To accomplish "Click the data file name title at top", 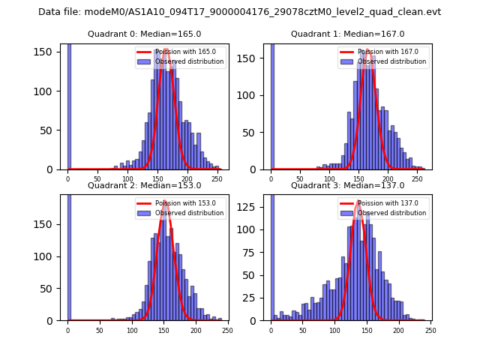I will coord(239,12).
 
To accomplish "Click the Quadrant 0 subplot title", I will coord(145,34).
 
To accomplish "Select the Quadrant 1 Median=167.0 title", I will coord(347,34).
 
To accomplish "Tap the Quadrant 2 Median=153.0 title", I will coord(145,185).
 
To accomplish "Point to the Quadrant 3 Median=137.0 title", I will coord(347,185).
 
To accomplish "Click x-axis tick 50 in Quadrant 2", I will coord(100,330).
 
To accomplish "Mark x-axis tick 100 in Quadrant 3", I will coord(334,330).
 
